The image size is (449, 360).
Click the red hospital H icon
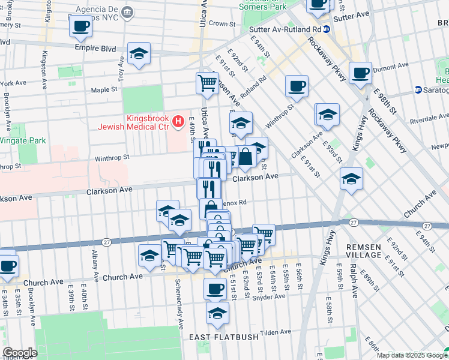pos(178,122)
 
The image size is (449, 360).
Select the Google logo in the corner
pos(20,352)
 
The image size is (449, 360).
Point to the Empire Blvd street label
pos(94,46)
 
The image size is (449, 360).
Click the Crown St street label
pos(221,24)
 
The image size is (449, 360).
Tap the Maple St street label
pos(104,90)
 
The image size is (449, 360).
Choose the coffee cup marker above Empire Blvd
pos(80,26)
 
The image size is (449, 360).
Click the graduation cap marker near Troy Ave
pos(139,53)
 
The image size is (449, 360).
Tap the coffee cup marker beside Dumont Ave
pos(360,73)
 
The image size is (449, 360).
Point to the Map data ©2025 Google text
pos(411,355)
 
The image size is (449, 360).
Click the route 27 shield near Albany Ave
pos(106,242)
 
